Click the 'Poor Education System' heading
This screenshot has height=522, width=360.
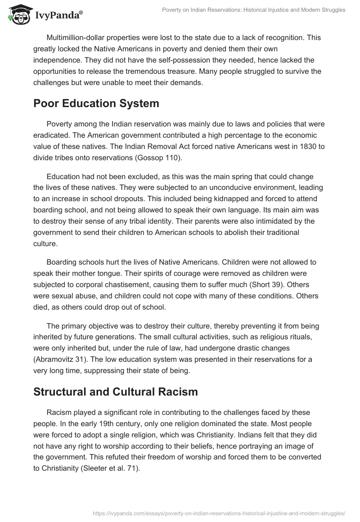96,103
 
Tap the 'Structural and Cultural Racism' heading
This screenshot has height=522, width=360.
116,391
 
